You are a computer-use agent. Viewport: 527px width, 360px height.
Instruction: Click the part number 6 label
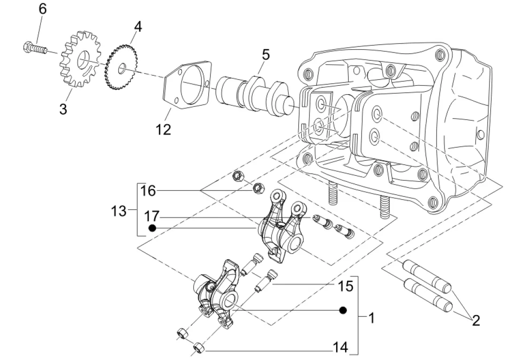pyautogui.click(x=42, y=9)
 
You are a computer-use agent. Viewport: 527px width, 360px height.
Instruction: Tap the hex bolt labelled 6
pyautogui.click(x=35, y=47)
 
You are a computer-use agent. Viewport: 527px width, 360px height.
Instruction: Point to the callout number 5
pyautogui.click(x=265, y=54)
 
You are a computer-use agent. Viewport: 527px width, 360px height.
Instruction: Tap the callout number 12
pyautogui.click(x=163, y=129)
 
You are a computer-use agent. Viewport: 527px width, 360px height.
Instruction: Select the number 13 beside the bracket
pyautogui.click(x=119, y=211)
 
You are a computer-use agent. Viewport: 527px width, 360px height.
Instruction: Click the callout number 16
pyautogui.click(x=148, y=191)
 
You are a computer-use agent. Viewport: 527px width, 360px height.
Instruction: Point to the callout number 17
pyautogui.click(x=151, y=216)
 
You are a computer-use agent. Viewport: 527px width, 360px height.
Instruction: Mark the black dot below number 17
pyautogui.click(x=152, y=228)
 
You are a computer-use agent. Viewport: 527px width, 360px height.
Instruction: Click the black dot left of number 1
pyautogui.click(x=342, y=310)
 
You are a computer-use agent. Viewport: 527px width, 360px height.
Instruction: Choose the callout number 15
pyautogui.click(x=346, y=286)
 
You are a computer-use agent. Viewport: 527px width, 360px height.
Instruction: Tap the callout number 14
pyautogui.click(x=340, y=347)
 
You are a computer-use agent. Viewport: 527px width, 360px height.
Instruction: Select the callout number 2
pyautogui.click(x=476, y=320)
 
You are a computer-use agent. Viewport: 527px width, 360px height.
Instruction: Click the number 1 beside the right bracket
pyautogui.click(x=371, y=317)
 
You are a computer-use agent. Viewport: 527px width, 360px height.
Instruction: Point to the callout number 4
pyautogui.click(x=138, y=27)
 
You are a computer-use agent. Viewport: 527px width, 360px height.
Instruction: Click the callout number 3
pyautogui.click(x=63, y=109)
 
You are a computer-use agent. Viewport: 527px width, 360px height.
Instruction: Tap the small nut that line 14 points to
pyautogui.click(x=198, y=347)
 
